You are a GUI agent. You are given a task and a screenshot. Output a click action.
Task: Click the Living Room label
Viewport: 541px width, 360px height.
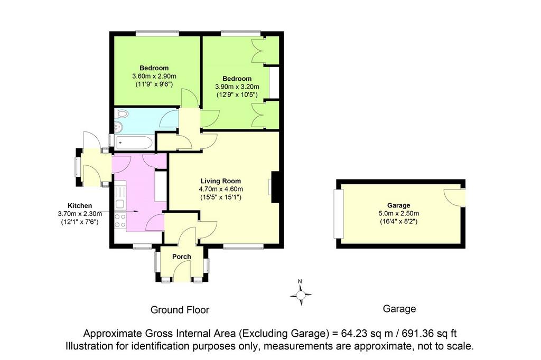221,181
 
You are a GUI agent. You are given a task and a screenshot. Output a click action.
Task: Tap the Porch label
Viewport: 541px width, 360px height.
182,257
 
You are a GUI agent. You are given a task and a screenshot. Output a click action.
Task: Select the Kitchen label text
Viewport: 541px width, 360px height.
80,206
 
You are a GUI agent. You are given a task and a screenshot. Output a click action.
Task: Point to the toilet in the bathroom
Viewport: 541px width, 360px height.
121,113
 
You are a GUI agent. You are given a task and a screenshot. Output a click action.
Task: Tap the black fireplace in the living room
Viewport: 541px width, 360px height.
275,187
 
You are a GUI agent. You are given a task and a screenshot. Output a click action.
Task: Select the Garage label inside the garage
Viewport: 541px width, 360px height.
398,205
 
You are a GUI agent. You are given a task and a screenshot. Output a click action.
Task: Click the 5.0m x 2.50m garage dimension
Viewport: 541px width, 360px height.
398,213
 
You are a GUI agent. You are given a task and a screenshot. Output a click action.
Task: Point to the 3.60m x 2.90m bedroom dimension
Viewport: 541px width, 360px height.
154,76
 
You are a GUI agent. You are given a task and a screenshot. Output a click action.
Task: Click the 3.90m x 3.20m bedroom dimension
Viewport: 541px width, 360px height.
237,87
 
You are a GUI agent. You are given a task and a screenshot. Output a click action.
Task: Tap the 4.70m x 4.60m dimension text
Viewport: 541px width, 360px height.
221,189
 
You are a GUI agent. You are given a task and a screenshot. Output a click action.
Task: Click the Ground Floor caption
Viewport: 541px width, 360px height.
180,310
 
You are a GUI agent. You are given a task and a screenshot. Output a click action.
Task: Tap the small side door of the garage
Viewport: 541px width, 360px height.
455,197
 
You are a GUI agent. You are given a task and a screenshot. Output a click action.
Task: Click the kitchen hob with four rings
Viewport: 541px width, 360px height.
120,221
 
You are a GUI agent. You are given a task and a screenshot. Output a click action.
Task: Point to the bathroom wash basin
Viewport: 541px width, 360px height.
119,127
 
